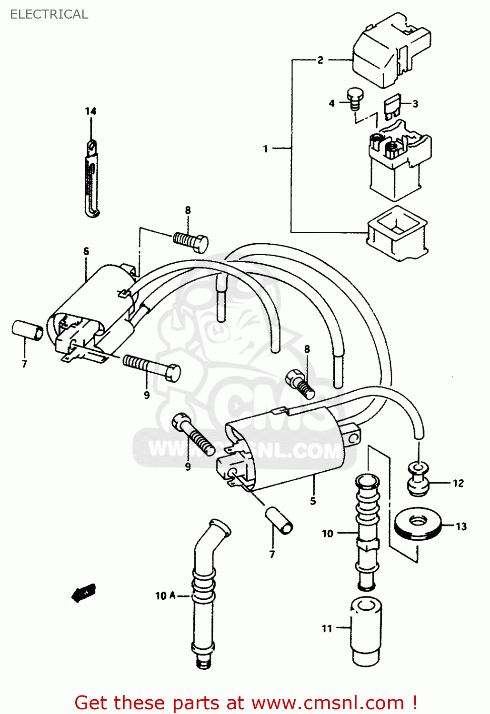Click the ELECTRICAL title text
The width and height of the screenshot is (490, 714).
click(x=49, y=14)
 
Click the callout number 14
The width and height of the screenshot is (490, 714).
click(x=90, y=111)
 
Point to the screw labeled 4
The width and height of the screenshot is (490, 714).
click(x=353, y=98)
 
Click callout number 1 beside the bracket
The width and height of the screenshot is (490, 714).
click(x=266, y=149)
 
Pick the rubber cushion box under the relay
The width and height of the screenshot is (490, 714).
click(x=396, y=233)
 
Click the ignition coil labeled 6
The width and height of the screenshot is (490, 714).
click(x=90, y=309)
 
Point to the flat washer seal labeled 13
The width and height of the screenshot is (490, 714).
click(x=418, y=524)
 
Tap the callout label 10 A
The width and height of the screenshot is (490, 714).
click(x=165, y=595)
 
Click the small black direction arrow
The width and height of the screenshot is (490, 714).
click(x=83, y=593)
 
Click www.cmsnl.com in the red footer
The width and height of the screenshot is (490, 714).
click(x=328, y=703)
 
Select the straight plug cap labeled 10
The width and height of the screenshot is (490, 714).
click(x=367, y=533)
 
